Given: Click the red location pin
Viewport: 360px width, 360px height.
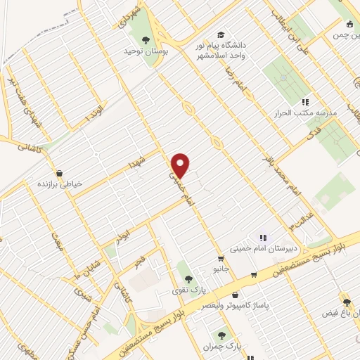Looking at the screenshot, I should [x=181, y=165].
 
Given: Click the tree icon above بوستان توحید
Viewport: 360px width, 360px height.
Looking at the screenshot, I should [x=146, y=39].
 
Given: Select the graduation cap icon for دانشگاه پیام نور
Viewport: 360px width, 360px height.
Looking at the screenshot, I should [x=221, y=34].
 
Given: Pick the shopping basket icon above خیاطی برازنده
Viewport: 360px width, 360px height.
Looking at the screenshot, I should [x=59, y=172].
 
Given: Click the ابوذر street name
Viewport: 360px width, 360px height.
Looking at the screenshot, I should [x=124, y=230].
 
